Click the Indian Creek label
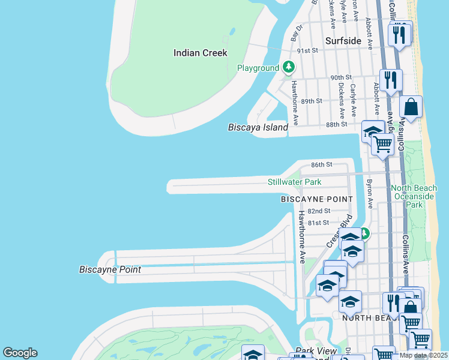[x=200, y=53]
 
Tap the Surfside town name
[x=343, y=41]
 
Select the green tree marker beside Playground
[x=289, y=67]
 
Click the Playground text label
[x=258, y=68]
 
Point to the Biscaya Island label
[x=258, y=127]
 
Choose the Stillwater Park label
[x=294, y=182]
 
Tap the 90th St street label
[x=340, y=77]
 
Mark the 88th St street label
[x=336, y=124]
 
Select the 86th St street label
[x=321, y=164]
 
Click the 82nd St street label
[x=319, y=211]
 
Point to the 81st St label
[x=319, y=223]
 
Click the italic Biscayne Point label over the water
[x=110, y=269]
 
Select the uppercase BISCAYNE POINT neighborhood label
[x=317, y=199]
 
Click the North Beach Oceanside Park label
[x=414, y=196]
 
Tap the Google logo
[x=20, y=353]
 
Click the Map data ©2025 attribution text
[x=423, y=355]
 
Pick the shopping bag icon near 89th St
[x=411, y=108]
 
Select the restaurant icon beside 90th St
[x=391, y=80]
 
